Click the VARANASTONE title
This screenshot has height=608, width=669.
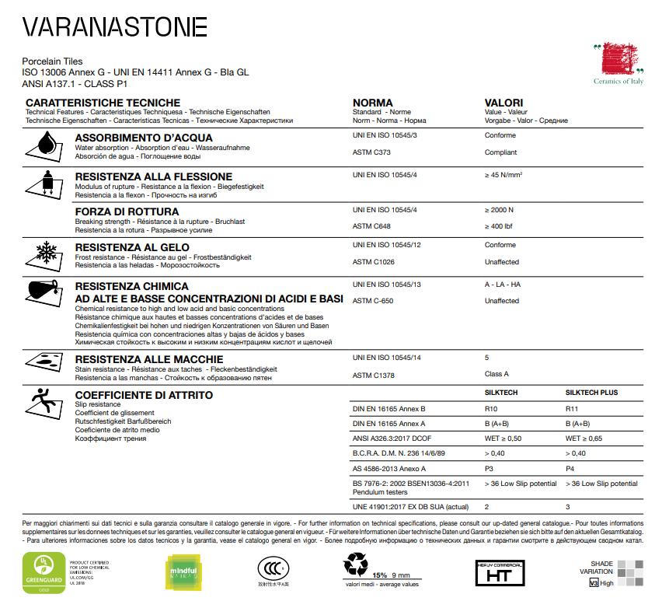(114, 27)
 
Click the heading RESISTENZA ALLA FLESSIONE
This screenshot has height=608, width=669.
(153, 176)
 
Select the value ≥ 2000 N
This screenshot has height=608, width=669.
(499, 210)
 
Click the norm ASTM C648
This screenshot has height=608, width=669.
(372, 226)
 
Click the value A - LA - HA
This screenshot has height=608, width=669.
(502, 285)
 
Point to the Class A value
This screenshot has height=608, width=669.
(497, 374)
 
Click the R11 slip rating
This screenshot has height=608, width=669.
(572, 408)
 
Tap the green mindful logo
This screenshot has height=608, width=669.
(186, 572)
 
